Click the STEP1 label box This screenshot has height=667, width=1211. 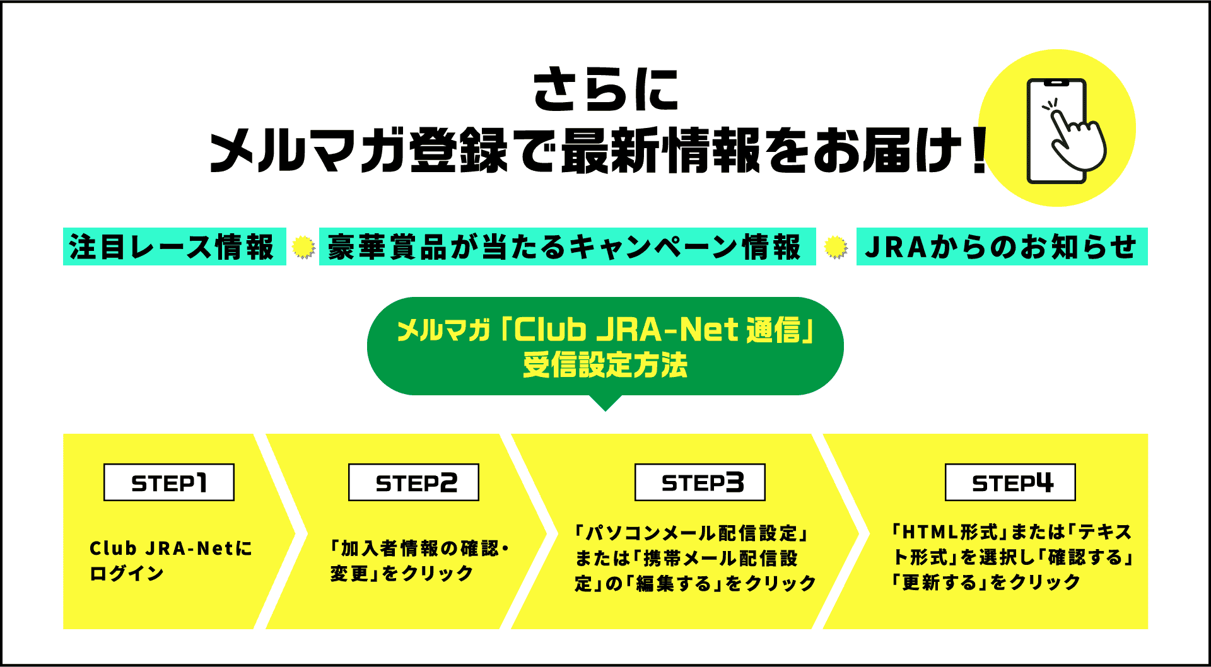(x=169, y=482)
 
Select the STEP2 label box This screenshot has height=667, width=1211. (x=414, y=482)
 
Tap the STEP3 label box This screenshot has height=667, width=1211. (x=700, y=482)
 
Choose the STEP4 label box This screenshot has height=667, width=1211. (x=1010, y=482)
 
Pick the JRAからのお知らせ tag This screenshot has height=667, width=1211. (x=1002, y=246)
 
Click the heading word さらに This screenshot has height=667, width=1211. (x=605, y=90)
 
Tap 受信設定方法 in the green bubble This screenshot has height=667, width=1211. (x=605, y=366)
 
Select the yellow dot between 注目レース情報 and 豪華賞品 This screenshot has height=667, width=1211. (x=303, y=247)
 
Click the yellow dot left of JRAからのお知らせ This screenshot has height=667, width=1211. (x=836, y=247)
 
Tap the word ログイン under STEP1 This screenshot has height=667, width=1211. (x=127, y=574)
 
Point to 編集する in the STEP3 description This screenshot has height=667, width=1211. (x=675, y=584)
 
